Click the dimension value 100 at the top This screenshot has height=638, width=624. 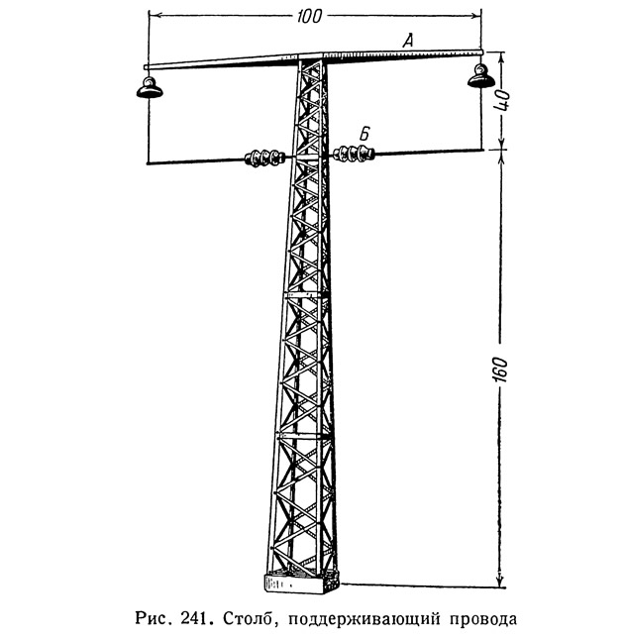point(309,17)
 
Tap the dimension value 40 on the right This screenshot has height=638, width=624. point(501,100)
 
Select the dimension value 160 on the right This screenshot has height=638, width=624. point(500,370)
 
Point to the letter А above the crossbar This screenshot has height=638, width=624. point(408,41)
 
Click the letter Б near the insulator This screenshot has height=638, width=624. point(364,134)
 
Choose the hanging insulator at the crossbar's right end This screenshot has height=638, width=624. point(480,76)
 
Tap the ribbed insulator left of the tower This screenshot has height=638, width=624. point(263,158)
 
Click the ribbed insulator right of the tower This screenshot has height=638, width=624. point(353,153)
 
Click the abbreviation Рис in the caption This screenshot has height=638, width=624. point(154,619)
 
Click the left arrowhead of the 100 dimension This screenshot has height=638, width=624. point(156,16)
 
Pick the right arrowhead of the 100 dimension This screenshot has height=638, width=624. point(474,16)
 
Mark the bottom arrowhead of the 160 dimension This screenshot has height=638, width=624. point(500,581)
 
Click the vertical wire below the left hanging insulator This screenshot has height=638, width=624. point(148,130)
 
